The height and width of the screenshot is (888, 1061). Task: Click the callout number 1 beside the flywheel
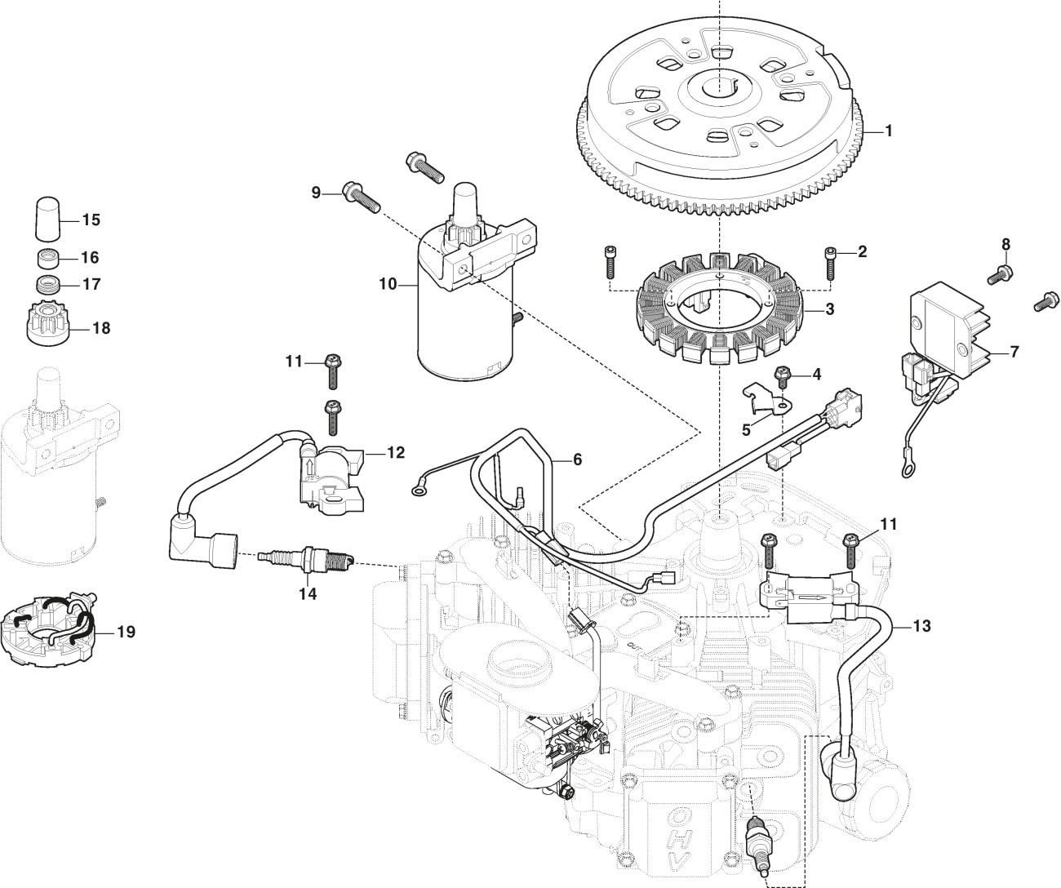[889, 131]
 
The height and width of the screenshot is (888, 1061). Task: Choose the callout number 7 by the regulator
[1014, 353]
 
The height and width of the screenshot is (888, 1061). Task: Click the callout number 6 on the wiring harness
[577, 460]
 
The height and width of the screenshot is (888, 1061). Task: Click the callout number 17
[91, 284]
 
